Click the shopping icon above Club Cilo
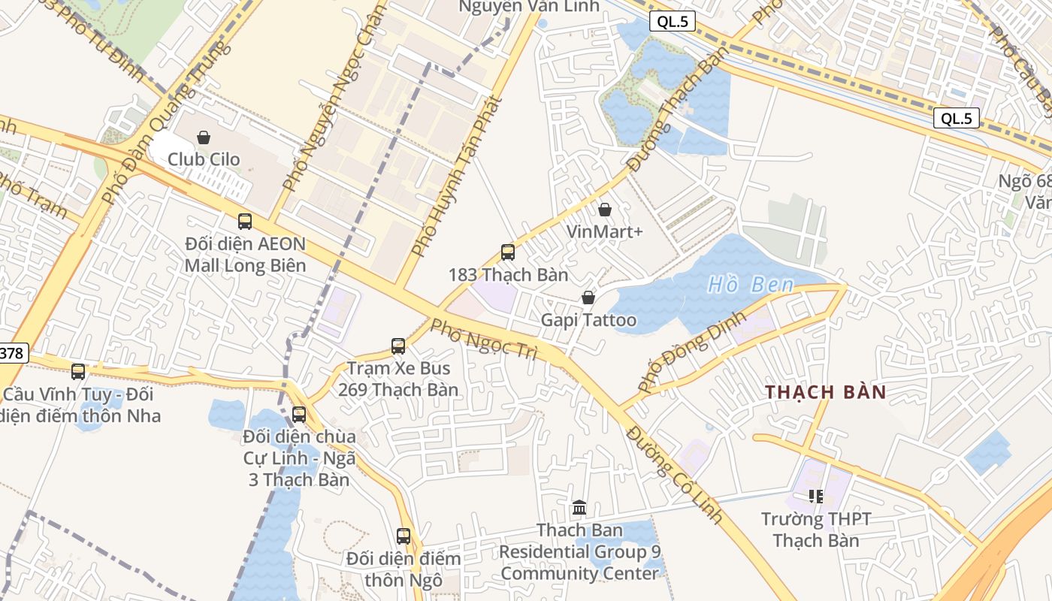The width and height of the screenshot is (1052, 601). point(203,137)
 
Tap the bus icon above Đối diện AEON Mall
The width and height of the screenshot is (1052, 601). point(245,222)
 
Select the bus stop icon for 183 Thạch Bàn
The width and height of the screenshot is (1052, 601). point(508,252)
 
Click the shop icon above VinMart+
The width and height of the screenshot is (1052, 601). point(605,210)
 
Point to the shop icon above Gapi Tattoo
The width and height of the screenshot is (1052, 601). point(588,298)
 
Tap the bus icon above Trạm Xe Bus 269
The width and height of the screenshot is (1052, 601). point(398,346)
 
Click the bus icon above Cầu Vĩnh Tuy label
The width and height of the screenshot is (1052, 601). point(78,372)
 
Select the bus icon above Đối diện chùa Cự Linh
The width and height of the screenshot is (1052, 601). point(299,415)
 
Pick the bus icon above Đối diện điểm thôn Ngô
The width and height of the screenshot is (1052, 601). point(404,536)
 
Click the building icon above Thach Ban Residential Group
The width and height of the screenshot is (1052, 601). point(579,509)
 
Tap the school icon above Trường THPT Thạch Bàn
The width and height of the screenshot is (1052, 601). point(816,497)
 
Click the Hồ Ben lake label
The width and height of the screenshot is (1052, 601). point(751,285)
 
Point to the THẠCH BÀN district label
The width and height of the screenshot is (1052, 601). point(826,392)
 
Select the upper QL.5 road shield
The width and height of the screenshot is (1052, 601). point(673,22)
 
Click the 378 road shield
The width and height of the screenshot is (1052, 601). point(13,353)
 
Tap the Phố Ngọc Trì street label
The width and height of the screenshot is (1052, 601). point(484,339)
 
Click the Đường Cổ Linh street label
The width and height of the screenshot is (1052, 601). point(674,474)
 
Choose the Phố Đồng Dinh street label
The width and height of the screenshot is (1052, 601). point(691,352)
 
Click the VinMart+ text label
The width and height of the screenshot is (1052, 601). point(605,231)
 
